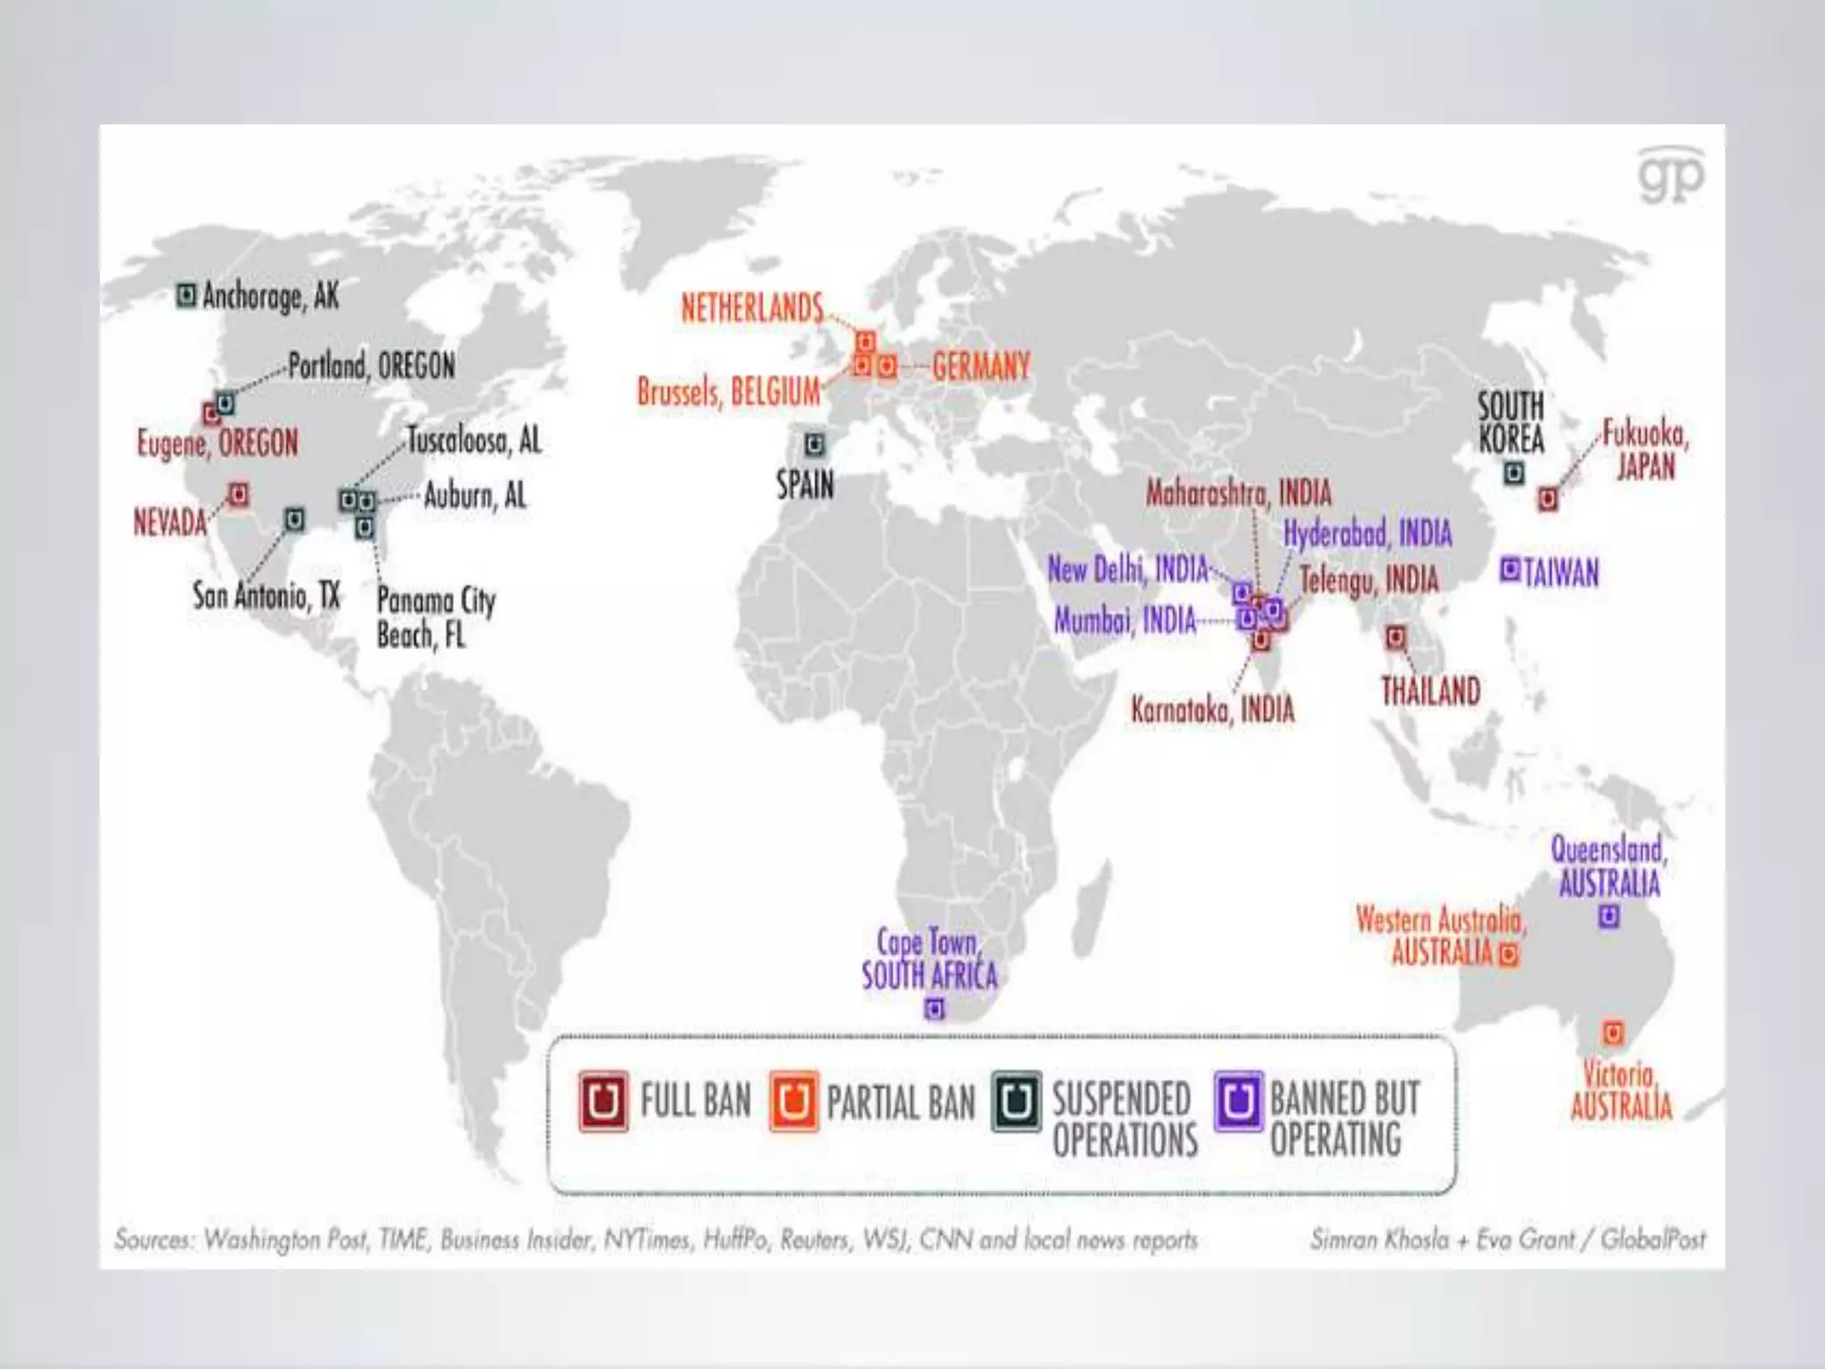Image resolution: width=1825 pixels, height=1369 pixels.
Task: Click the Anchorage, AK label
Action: (270, 296)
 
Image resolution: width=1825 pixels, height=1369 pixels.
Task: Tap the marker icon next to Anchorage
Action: (185, 295)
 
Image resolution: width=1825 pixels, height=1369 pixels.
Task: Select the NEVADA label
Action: (169, 522)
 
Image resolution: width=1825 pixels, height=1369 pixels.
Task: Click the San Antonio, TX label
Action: (266, 595)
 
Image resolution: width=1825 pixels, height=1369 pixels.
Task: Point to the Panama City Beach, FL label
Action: (435, 617)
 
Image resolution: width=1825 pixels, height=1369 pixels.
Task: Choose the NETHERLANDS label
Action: (752, 308)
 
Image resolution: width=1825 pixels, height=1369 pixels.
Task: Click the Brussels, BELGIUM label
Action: (728, 392)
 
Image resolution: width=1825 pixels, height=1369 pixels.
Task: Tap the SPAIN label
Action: (805, 485)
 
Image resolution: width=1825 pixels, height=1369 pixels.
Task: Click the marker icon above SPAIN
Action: (814, 445)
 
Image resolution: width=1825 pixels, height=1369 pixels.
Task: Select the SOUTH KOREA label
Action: (1510, 422)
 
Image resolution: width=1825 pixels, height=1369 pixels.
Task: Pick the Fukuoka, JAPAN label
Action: (1645, 450)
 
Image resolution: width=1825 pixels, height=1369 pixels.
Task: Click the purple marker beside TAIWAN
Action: (1510, 570)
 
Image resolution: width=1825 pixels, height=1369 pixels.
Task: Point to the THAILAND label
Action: (1430, 692)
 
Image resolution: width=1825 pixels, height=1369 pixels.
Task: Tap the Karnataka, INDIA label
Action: (1212, 710)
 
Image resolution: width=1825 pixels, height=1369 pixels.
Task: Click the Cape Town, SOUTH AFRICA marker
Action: (934, 1009)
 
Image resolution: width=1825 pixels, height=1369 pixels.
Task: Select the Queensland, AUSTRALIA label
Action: (1608, 866)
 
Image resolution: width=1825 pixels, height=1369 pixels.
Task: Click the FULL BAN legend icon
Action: (603, 1102)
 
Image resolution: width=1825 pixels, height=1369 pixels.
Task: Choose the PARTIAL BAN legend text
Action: (900, 1103)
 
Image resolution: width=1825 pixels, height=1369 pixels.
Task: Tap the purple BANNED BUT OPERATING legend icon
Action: (1239, 1101)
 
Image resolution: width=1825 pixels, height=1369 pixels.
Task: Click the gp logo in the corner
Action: (1671, 176)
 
